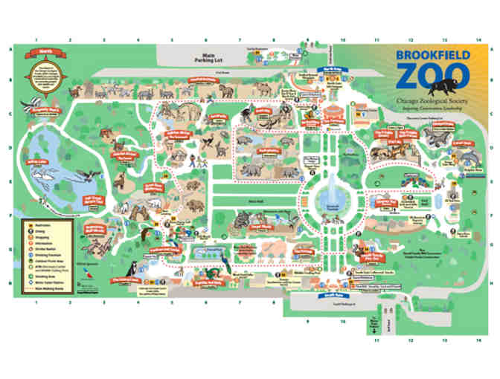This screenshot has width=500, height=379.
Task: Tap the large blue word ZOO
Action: coord(433,77)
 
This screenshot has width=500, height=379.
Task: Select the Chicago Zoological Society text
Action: coord(433,100)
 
